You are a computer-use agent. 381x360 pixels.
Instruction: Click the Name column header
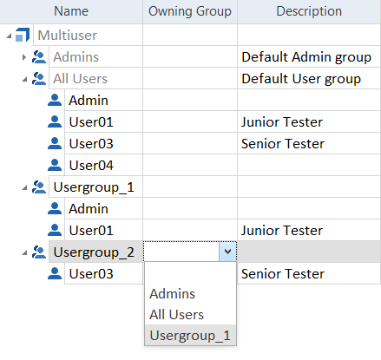[71, 11]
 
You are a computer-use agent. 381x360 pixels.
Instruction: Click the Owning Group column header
[190, 11]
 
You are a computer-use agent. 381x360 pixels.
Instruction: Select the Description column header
[309, 11]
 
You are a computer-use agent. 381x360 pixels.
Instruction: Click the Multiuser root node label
[68, 36]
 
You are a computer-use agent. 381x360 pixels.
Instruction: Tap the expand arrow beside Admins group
[24, 57]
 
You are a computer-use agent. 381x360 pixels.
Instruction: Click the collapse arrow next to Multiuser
[9, 36]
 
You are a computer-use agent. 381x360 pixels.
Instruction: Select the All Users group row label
[80, 79]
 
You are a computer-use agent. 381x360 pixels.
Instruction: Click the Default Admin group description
[306, 57]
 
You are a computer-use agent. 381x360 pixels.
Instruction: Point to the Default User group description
[301, 79]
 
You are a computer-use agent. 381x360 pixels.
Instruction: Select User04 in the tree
[91, 166]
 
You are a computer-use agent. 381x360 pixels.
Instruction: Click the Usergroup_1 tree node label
[94, 187]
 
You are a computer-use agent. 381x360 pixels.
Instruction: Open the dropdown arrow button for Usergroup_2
[227, 252]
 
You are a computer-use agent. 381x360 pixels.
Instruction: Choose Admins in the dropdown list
[173, 294]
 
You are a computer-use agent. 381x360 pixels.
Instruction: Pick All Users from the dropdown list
[176, 315]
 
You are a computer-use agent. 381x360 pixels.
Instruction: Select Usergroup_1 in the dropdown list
[190, 336]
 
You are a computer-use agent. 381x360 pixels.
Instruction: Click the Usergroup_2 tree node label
[94, 252]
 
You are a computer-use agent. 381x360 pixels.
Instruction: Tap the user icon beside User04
[55, 165]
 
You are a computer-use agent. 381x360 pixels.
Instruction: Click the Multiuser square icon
[23, 35]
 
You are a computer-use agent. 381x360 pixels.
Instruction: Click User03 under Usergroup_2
[91, 274]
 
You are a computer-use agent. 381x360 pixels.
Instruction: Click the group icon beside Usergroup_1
[39, 187]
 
